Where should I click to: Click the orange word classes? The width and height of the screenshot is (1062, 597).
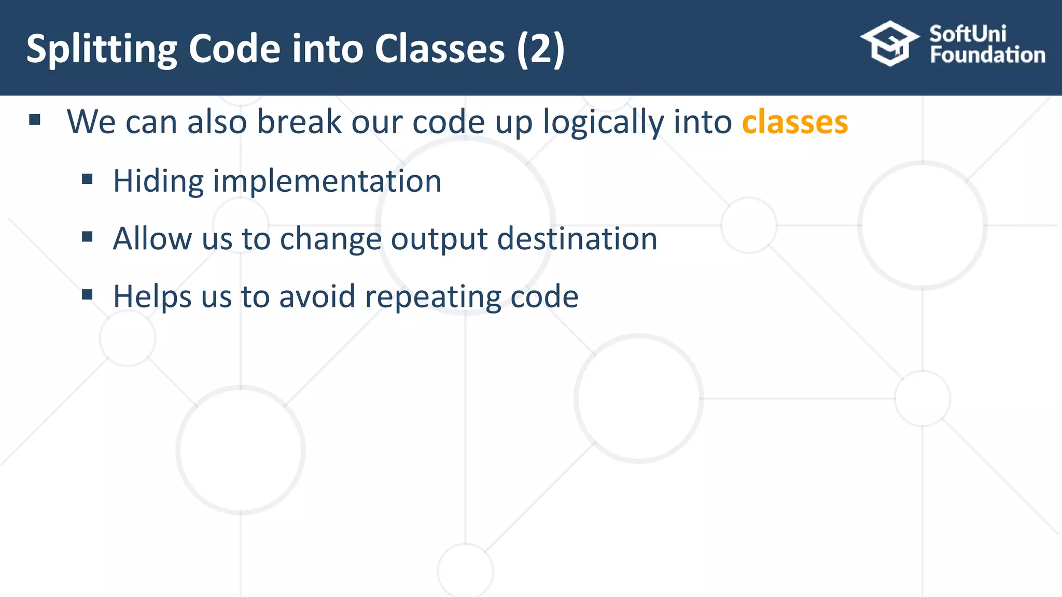click(x=794, y=122)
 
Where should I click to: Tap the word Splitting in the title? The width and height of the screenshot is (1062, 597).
click(x=102, y=49)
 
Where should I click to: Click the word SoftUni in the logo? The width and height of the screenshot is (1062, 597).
click(x=968, y=34)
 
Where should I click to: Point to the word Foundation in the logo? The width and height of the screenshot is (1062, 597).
click(x=987, y=55)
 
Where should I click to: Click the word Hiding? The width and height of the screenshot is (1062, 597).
click(x=158, y=181)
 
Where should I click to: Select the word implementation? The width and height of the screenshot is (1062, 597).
click(x=327, y=181)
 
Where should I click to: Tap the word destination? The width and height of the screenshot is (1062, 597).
click(x=577, y=239)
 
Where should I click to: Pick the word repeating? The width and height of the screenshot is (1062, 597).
click(x=432, y=297)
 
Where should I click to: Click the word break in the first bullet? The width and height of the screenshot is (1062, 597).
click(x=299, y=122)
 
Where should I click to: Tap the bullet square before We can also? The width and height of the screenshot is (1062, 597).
click(x=35, y=120)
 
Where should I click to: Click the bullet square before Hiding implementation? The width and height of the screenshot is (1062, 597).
click(x=87, y=180)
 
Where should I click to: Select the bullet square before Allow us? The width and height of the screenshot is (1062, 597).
click(x=87, y=237)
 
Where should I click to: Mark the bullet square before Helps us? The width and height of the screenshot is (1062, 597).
click(x=87, y=295)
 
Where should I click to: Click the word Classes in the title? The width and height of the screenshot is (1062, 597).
click(x=439, y=49)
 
